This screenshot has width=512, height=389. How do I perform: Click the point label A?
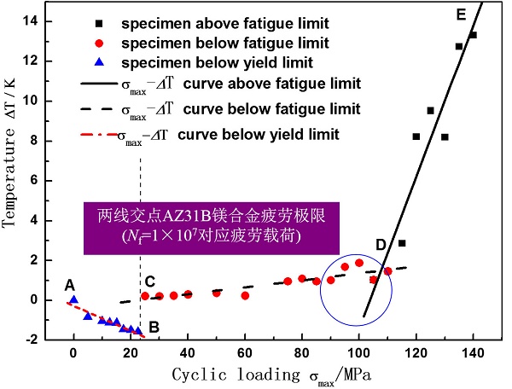coord(69,286)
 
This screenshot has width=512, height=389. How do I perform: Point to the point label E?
coord(461,15)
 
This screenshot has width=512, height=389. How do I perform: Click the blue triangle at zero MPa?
coord(74,299)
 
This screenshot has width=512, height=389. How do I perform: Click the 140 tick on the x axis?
coord(473,351)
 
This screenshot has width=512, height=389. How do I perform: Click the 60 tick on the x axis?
coord(245,351)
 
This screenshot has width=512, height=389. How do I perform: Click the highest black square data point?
coord(473,35)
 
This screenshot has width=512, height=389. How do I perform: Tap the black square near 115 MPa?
coord(402,243)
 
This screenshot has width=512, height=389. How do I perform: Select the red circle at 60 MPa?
coord(245,295)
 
